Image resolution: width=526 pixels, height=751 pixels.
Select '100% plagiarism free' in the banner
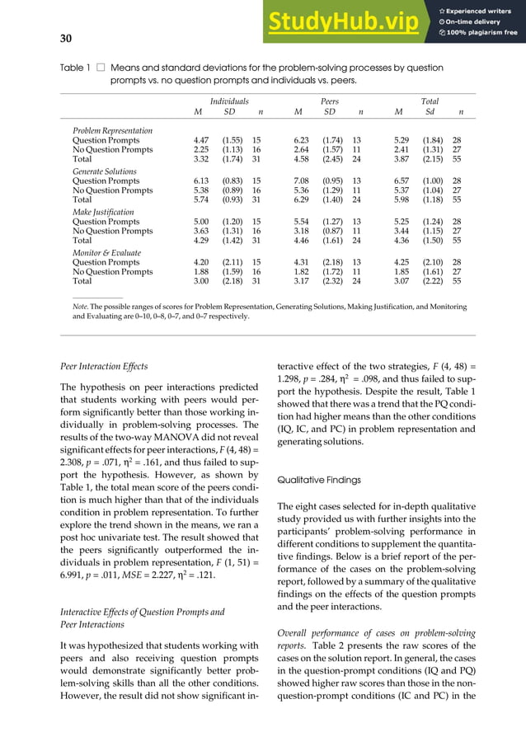(483, 33)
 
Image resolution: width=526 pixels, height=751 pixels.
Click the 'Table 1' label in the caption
(75, 68)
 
